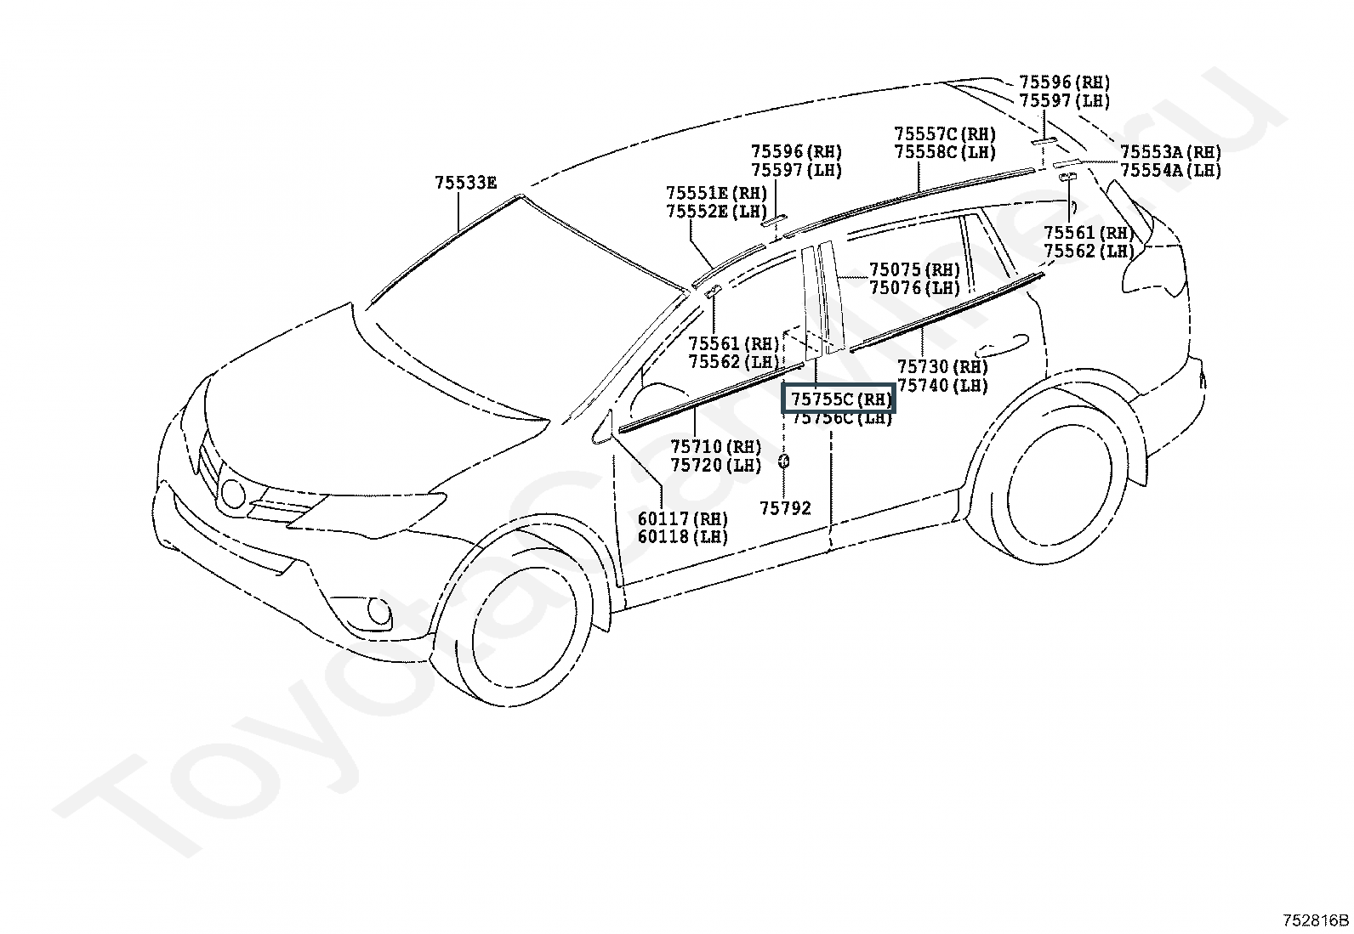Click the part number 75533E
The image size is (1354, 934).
pyautogui.click(x=465, y=183)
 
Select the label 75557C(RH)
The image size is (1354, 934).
pyautogui.click(x=944, y=134)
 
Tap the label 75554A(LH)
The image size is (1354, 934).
pyautogui.click(x=1169, y=170)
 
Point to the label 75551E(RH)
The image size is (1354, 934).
pyautogui.click(x=716, y=194)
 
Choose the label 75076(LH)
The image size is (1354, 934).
pyautogui.click(x=914, y=288)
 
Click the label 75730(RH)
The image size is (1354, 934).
pyautogui.click(x=942, y=367)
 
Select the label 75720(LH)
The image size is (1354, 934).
pyautogui.click(x=715, y=465)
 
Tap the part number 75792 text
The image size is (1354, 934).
pyautogui.click(x=785, y=508)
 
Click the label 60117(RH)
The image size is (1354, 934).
pyautogui.click(x=683, y=518)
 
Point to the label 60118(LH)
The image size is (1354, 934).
pyautogui.click(x=683, y=537)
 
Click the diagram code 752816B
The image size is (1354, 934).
pyautogui.click(x=1316, y=920)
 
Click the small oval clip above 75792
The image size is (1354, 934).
pyautogui.click(x=783, y=461)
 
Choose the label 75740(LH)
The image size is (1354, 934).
pyautogui.click(x=942, y=386)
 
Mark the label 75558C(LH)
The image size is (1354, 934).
pyautogui.click(x=944, y=152)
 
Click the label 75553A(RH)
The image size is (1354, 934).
pyautogui.click(x=1169, y=152)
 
